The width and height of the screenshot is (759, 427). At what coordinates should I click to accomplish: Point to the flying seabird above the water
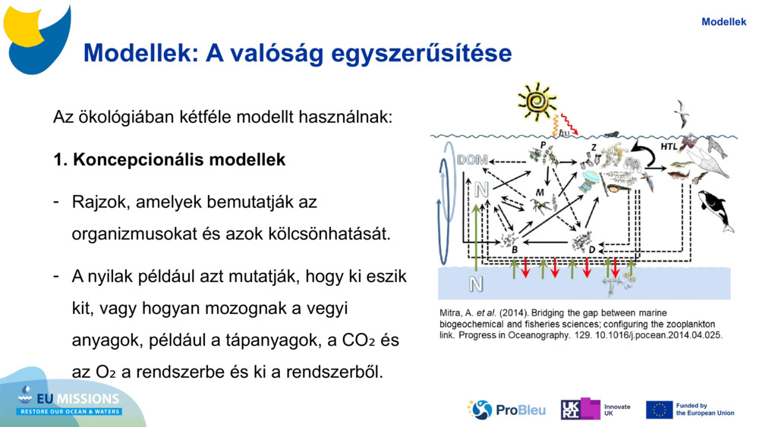681,113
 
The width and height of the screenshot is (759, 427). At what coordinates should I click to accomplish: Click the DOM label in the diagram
472,161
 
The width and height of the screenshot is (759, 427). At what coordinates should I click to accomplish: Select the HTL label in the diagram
669,146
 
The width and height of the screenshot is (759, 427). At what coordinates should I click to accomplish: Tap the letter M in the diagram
540,193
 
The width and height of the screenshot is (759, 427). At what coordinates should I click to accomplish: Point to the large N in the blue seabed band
476,284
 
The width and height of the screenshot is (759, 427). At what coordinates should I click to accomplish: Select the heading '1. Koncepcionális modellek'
169,160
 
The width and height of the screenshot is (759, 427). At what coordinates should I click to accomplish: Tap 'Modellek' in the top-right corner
723,22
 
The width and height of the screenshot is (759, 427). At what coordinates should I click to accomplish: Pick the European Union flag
659,410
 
